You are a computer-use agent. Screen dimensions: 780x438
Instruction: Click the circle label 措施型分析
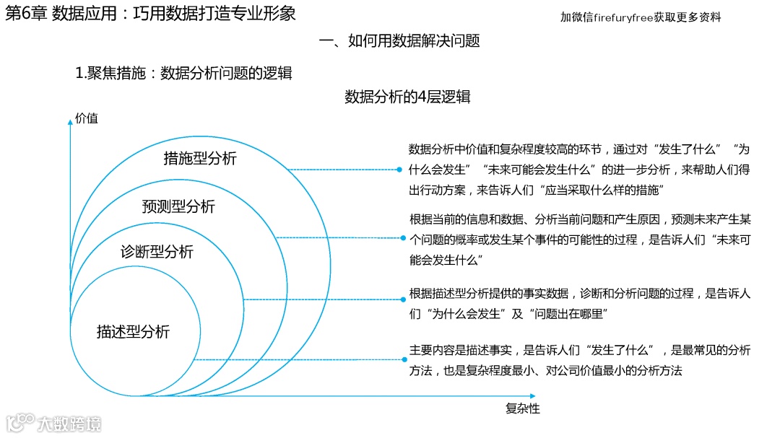[200, 159]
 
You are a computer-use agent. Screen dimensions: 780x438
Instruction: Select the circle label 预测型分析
[178, 207]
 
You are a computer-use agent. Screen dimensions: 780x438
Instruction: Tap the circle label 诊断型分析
[157, 253]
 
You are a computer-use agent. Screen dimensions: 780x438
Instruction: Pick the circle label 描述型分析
[133, 332]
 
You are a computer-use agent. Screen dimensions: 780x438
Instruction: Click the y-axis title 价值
[87, 118]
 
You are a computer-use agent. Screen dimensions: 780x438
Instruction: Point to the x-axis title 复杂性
[523, 408]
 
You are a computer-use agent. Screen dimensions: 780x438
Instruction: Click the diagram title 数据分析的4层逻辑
[407, 97]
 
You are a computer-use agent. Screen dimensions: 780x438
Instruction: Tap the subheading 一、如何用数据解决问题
[399, 41]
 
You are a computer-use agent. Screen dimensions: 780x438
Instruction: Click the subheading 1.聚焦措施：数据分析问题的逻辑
[183, 73]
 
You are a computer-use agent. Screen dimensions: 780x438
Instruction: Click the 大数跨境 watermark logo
[54, 423]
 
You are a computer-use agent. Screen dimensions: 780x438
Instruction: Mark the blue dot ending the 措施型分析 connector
[399, 170]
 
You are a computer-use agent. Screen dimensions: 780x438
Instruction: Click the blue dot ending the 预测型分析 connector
[402, 237]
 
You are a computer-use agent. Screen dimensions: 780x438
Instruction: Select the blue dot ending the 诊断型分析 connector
[402, 298]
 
